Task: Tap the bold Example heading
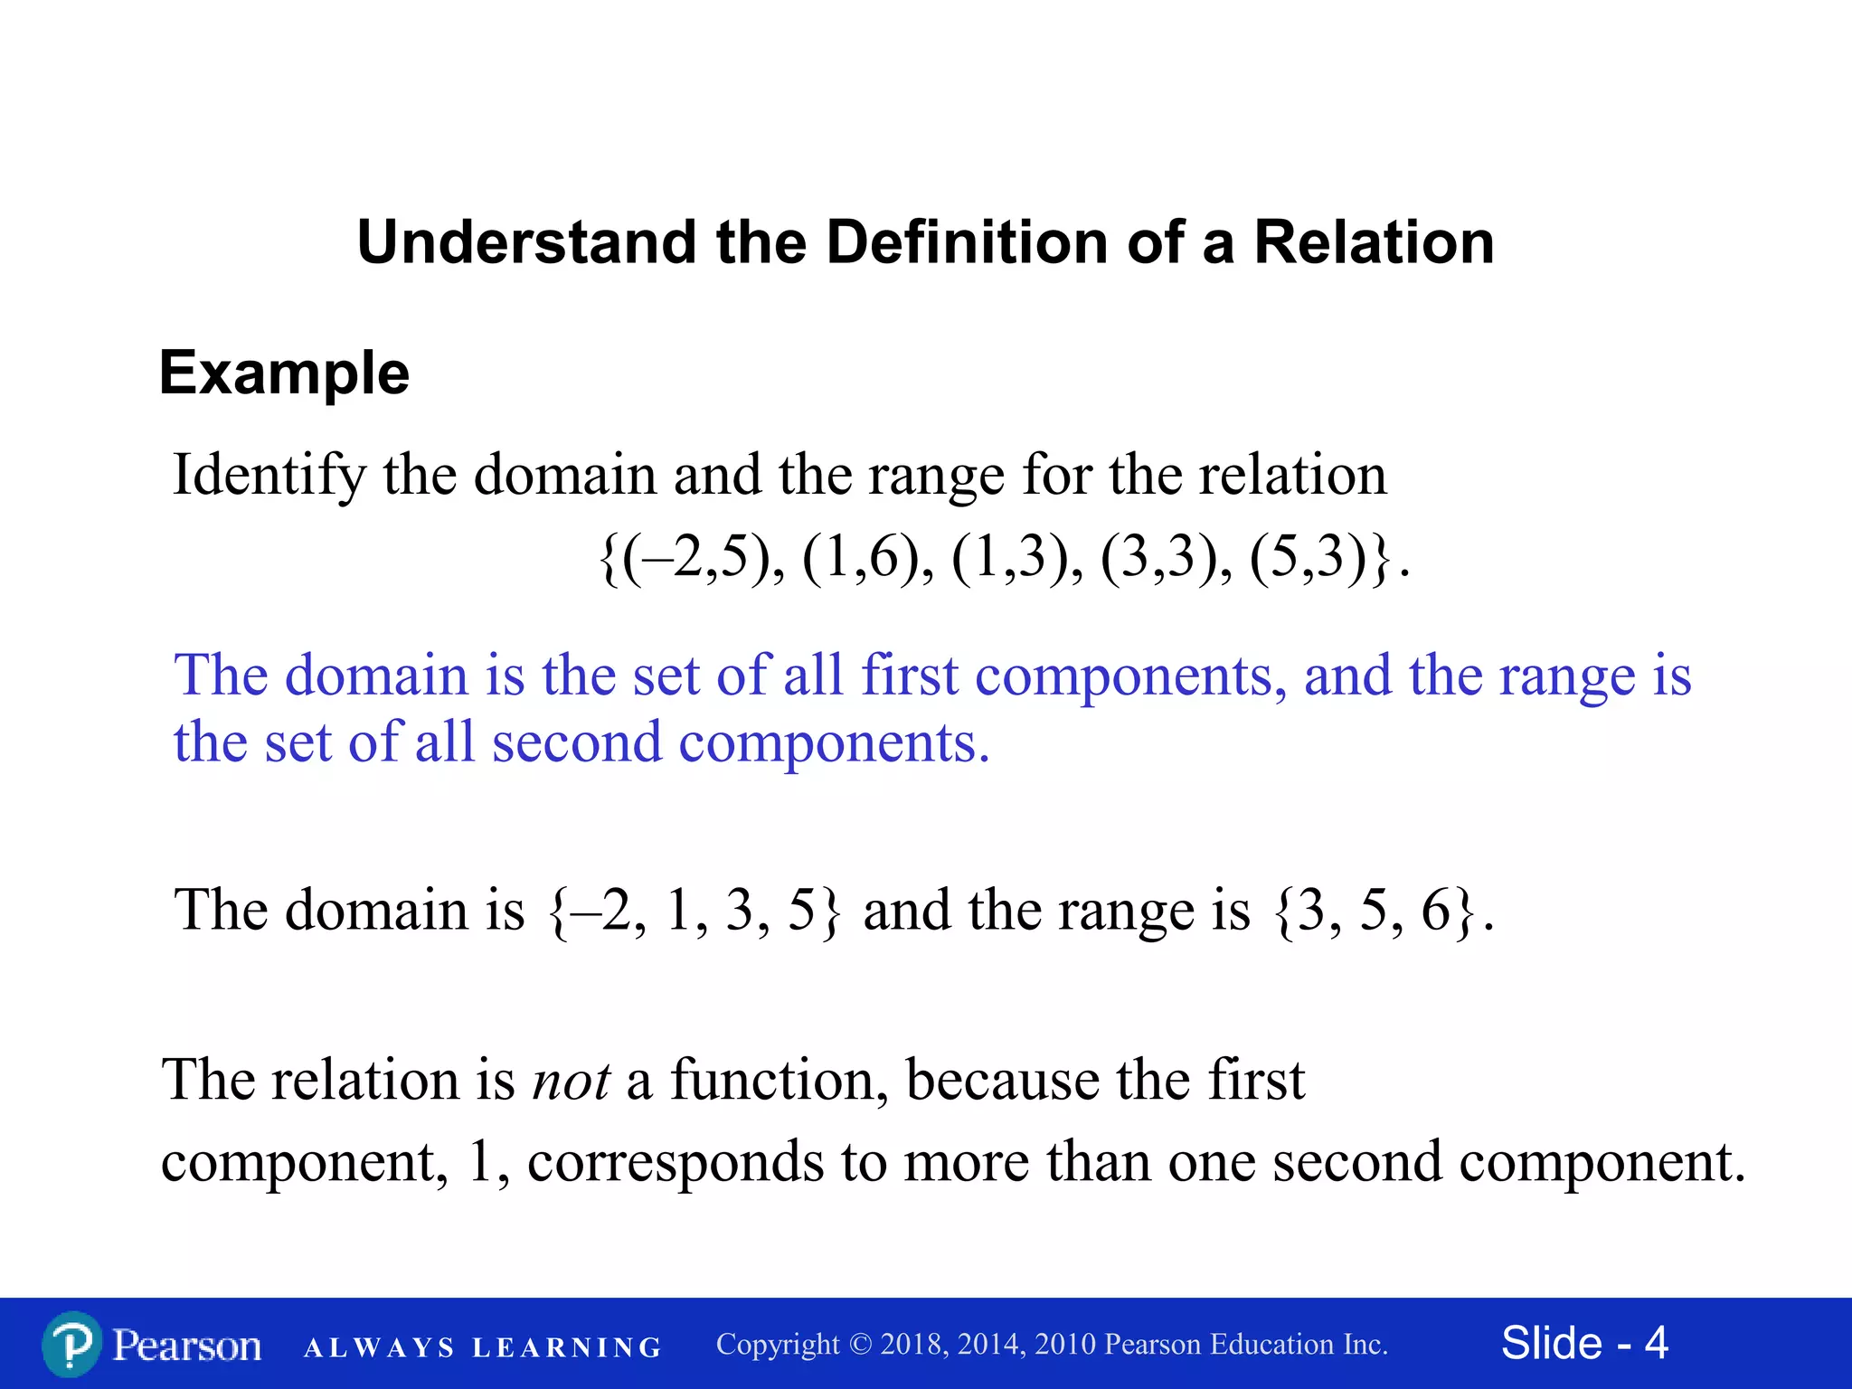(x=284, y=373)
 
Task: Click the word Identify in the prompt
(x=269, y=475)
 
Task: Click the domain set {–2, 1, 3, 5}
(x=694, y=910)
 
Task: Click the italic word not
(x=572, y=1080)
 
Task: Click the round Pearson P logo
(x=71, y=1345)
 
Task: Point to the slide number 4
(x=1656, y=1343)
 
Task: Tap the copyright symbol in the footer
(x=860, y=1345)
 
